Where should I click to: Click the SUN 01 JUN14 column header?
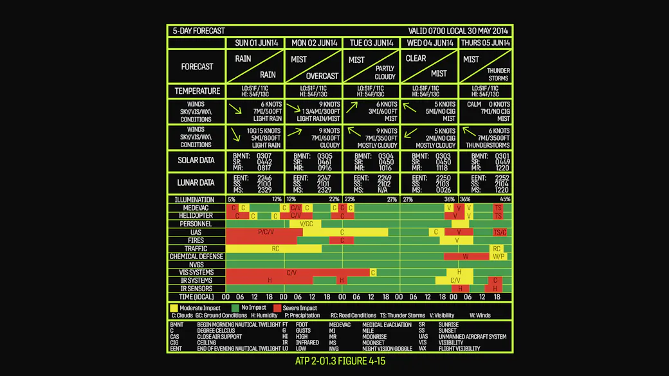(257, 43)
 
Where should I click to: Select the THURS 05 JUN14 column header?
(486, 43)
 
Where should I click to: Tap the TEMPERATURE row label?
(197, 91)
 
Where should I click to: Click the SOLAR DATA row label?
(197, 160)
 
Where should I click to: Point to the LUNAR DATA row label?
(197, 183)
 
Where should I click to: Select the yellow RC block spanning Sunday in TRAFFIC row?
(275, 248)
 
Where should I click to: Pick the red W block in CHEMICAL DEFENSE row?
(466, 256)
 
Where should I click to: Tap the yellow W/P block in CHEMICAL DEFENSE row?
(499, 256)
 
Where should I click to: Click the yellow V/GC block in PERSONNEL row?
(306, 224)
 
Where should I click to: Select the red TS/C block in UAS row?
(500, 232)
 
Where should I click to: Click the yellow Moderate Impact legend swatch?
(174, 308)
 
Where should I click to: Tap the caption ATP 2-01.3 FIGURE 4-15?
(340, 361)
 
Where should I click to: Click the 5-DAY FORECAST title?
(199, 31)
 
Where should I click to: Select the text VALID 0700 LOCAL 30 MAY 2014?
(458, 31)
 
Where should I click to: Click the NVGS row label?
(197, 264)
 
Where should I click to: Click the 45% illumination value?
(506, 199)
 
